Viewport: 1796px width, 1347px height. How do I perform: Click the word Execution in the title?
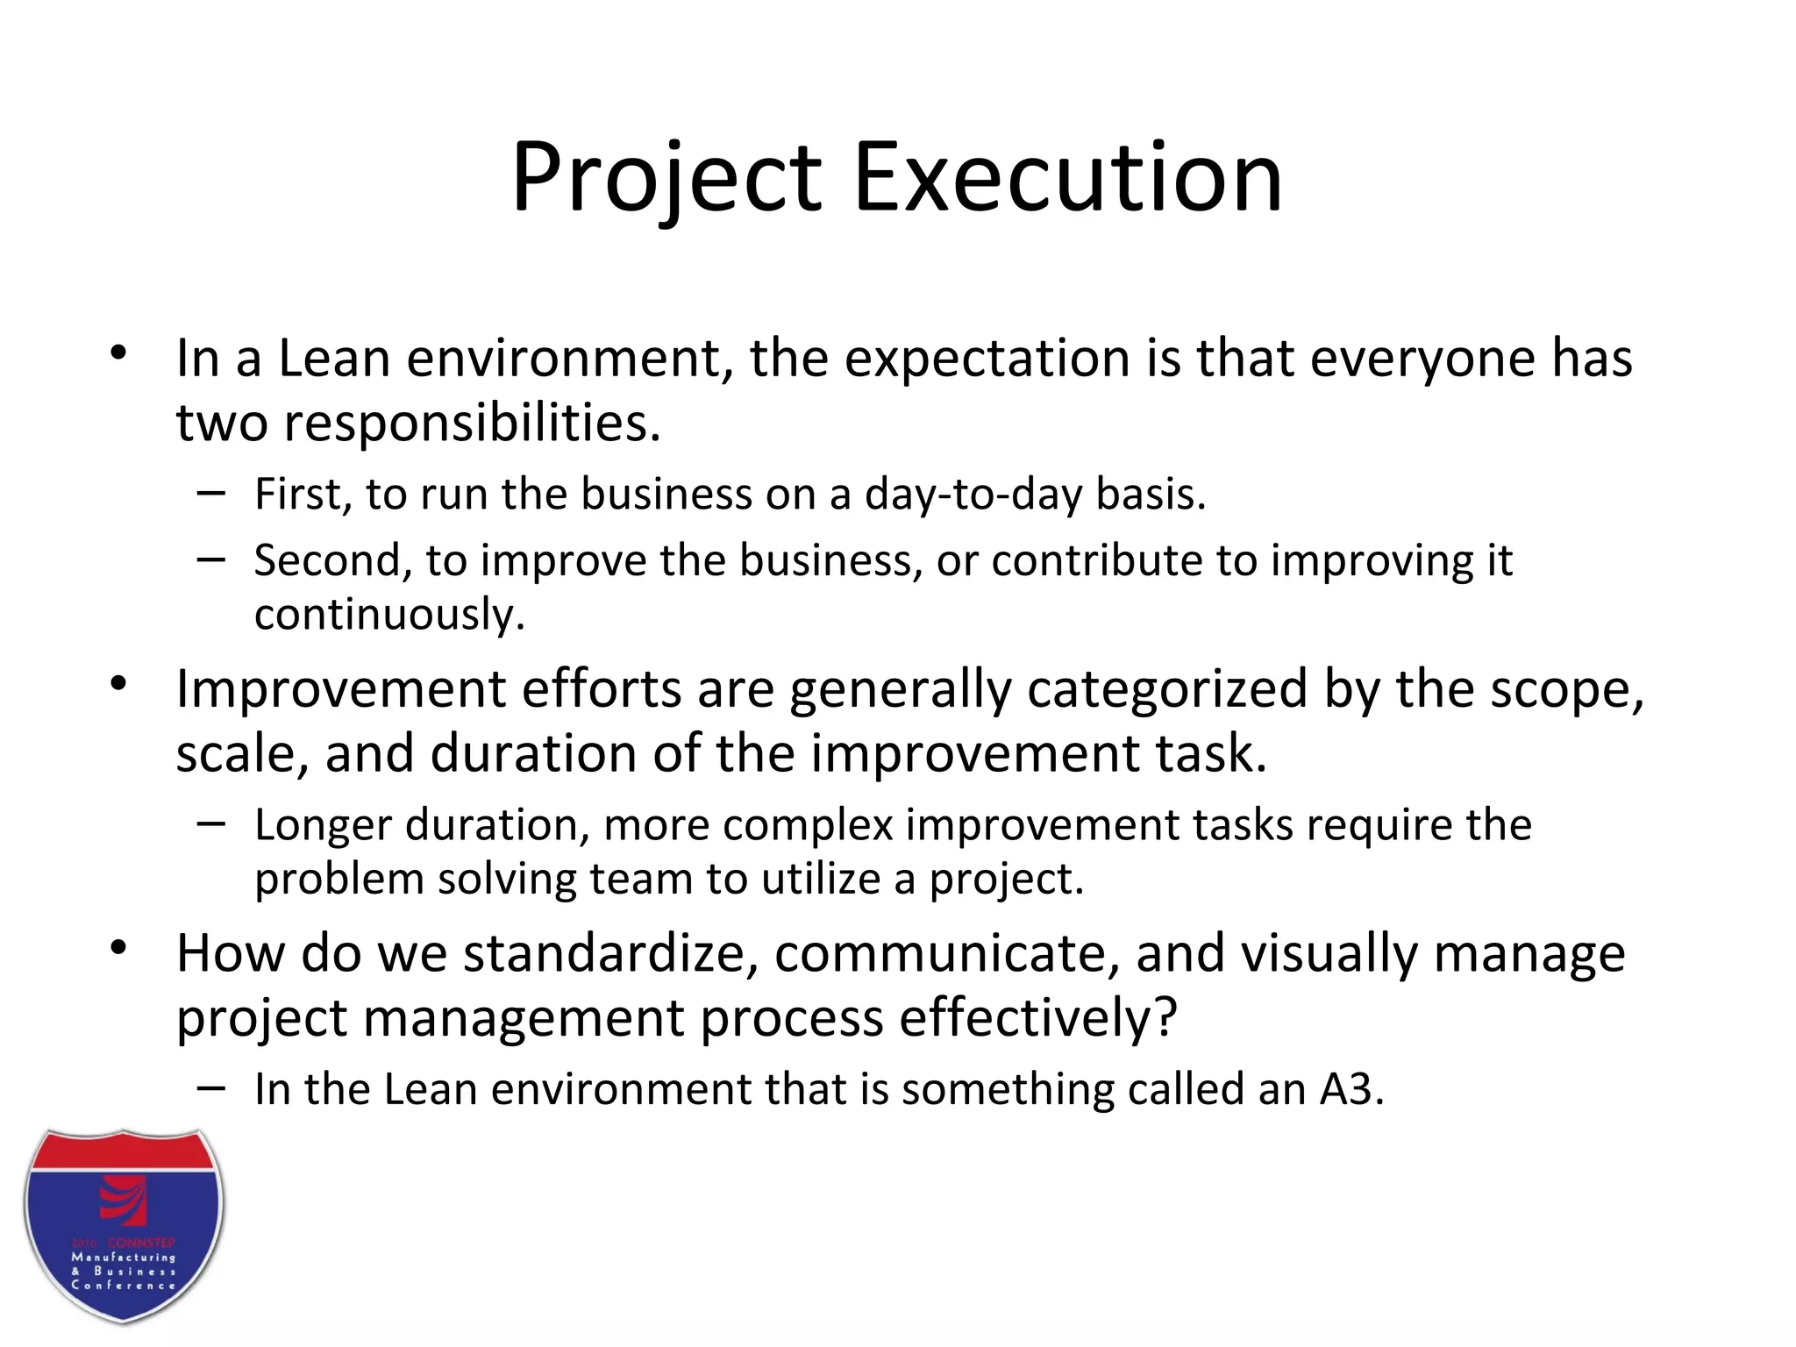click(1067, 180)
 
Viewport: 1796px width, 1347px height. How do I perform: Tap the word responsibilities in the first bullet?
click(471, 424)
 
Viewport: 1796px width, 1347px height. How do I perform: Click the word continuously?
click(389, 614)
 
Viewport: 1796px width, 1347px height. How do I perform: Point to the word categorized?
click(1167, 688)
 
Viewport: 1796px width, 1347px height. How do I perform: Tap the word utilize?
click(820, 879)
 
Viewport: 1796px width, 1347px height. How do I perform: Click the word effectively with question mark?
click(1037, 1018)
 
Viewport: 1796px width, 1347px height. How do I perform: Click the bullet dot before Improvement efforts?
click(119, 683)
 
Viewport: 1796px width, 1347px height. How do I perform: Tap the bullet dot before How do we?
click(119, 948)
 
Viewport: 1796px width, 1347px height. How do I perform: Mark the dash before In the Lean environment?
click(210, 1088)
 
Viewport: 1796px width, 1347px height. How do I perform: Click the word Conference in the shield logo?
click(124, 1286)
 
